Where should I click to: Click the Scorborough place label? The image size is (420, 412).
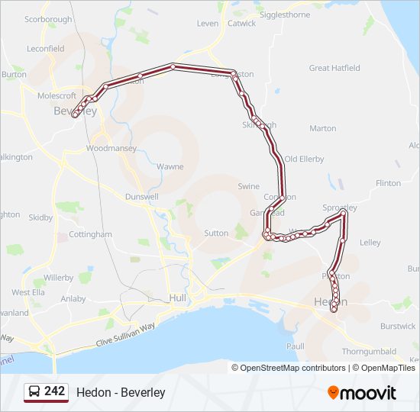point(48,19)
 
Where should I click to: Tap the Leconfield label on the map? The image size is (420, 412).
point(45,48)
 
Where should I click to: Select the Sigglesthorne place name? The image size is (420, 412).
point(285,14)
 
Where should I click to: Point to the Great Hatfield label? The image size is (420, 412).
point(334,68)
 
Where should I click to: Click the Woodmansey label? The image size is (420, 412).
point(111,148)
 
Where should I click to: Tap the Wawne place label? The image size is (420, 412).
point(170,166)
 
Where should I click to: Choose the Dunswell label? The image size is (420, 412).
point(142,196)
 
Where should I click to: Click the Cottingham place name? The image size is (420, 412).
point(90,234)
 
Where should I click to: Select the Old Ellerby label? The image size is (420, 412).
point(304,159)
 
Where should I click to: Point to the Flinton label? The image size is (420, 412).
point(388,183)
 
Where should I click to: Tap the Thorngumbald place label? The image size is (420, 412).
point(370,352)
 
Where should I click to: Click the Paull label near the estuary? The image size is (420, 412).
point(295,346)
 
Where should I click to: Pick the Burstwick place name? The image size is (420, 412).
point(398,326)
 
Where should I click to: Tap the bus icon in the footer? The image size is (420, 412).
point(34,392)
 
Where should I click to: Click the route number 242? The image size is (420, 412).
point(54,391)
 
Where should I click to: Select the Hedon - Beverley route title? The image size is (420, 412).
point(121,393)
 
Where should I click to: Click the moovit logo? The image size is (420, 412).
point(362,393)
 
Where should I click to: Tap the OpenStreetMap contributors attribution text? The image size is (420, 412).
point(292,368)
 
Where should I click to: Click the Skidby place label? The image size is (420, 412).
point(41,217)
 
